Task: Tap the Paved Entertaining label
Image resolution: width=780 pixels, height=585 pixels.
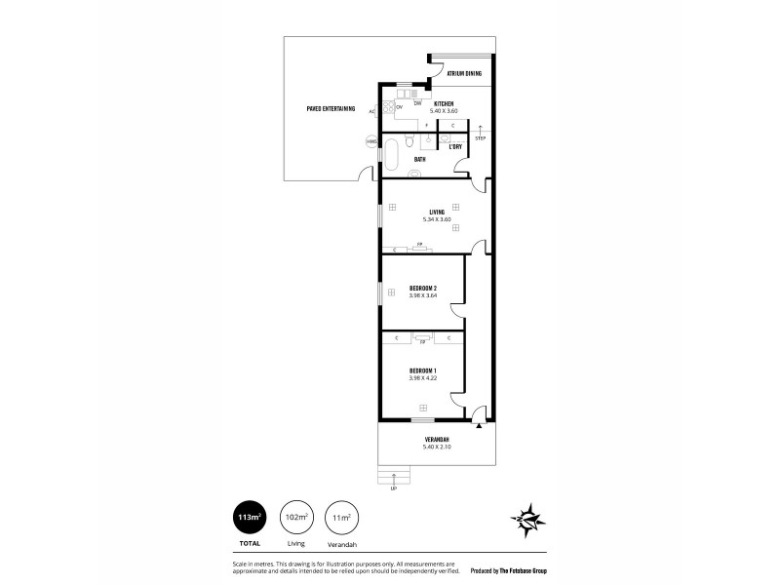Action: pos(331,108)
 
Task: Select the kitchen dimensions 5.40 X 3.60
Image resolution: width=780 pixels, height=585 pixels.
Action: pos(443,110)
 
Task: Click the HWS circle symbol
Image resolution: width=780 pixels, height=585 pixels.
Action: pos(370,142)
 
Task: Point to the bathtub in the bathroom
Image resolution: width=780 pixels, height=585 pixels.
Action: pos(391,154)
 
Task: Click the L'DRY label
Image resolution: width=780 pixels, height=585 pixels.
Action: pos(454,147)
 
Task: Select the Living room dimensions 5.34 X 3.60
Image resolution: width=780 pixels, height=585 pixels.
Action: pos(436,219)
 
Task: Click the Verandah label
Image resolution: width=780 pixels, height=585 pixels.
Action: pos(436,440)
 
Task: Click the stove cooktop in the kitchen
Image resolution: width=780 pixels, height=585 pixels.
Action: pos(387,108)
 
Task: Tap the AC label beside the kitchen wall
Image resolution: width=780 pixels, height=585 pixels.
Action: pos(371,111)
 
